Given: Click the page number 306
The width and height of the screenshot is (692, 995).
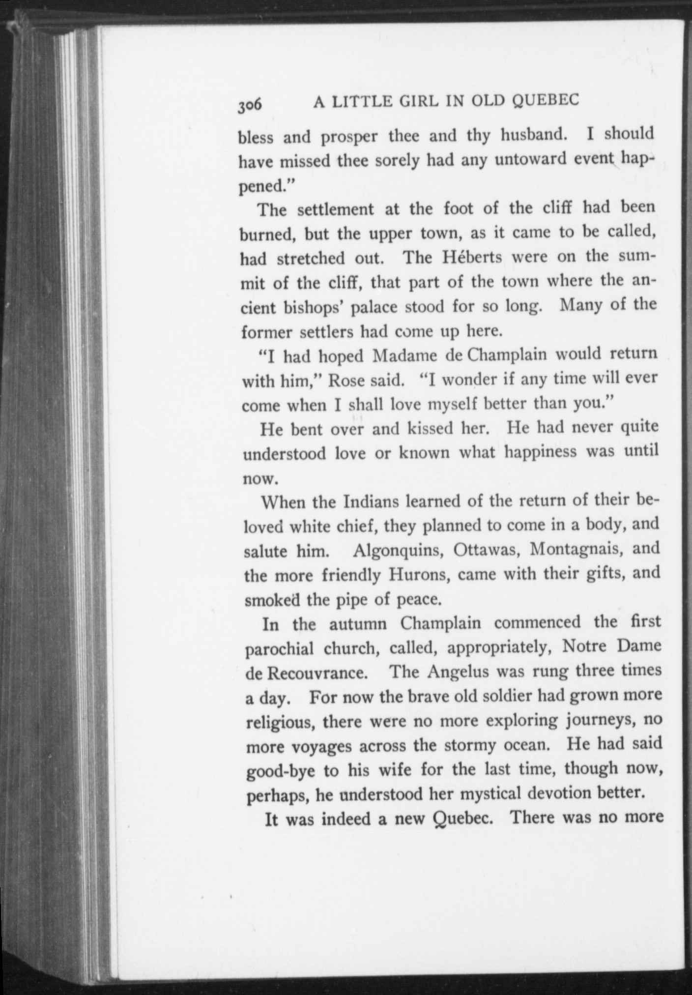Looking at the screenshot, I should (250, 105).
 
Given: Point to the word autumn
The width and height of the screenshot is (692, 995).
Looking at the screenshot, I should (358, 624).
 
